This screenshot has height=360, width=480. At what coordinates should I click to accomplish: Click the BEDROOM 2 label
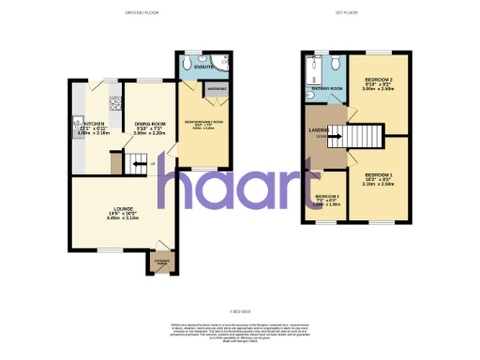(379, 82)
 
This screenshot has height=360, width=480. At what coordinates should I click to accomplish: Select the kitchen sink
(74, 121)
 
